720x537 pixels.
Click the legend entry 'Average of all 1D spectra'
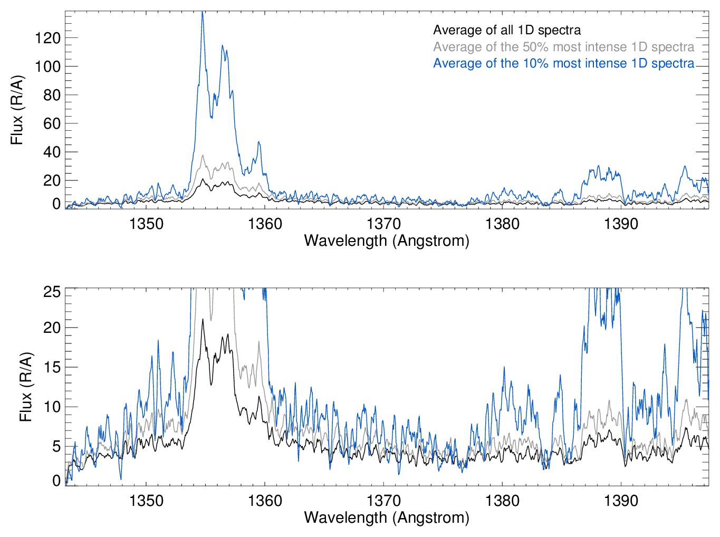507,30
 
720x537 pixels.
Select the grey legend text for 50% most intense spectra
563,47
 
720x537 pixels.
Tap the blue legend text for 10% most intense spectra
563,63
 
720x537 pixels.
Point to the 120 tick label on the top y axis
47,38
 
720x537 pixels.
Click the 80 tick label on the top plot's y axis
51,95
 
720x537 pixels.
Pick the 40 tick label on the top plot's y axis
51,152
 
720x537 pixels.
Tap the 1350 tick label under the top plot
146,224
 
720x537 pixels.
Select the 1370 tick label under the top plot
383,224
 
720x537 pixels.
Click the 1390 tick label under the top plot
621,224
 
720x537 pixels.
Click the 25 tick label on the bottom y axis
52,292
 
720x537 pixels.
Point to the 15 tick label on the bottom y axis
52,367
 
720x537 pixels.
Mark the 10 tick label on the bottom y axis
52,407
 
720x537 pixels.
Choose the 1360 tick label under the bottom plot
265,500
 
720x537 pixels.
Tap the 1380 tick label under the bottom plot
502,500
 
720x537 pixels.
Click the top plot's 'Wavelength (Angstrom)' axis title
387,241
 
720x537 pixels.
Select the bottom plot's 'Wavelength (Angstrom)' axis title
387,517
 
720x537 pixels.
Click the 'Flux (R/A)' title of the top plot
17,110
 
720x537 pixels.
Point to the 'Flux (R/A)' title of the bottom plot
25,387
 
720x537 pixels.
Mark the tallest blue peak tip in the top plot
202,13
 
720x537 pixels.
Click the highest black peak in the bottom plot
202,319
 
